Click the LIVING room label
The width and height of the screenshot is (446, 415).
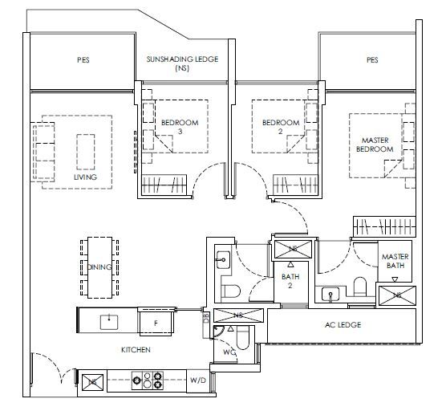click(85, 177)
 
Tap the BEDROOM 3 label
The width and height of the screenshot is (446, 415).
click(180, 127)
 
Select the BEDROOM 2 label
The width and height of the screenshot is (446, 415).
click(281, 127)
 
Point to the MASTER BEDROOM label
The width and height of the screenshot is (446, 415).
click(375, 144)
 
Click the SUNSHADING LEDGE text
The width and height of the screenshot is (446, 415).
click(182, 59)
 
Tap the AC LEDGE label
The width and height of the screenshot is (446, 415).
click(343, 325)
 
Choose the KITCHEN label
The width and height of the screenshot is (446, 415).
click(136, 349)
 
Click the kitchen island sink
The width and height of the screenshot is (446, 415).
click(109, 322)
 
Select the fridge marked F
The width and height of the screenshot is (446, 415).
click(156, 322)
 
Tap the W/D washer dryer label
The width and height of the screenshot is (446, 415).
click(198, 380)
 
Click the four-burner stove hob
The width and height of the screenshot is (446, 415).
click(148, 380)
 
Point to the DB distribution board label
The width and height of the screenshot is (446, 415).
click(206, 318)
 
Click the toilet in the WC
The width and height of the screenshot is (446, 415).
click(243, 338)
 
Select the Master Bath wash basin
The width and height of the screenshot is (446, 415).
click(330, 294)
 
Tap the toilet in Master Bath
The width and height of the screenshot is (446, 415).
click(360, 287)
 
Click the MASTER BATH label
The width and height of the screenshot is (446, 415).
click(395, 261)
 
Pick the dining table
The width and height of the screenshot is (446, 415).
click(99, 267)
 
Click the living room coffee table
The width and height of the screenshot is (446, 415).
click(86, 152)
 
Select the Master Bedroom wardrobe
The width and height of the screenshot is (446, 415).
click(384, 226)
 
